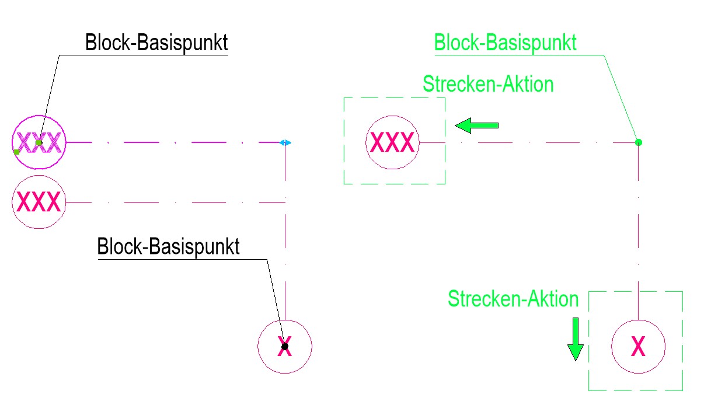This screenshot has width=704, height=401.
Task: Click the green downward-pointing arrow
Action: (x=576, y=339)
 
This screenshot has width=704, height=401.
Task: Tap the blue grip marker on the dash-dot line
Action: (x=285, y=142)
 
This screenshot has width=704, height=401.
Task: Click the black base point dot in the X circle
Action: (x=285, y=346)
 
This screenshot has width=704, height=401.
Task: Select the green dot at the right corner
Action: (x=639, y=142)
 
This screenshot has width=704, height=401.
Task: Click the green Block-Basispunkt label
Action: (x=506, y=43)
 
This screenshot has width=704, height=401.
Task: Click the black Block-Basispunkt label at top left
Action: (x=156, y=44)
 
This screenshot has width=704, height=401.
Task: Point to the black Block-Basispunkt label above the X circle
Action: (x=168, y=246)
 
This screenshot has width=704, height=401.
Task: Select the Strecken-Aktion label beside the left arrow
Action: (x=488, y=84)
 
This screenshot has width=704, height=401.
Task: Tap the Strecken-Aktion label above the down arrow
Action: (x=513, y=299)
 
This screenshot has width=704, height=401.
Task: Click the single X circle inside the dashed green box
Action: (x=639, y=347)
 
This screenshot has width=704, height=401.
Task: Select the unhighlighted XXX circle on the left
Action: (x=39, y=202)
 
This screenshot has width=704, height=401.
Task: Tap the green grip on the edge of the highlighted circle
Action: (x=16, y=152)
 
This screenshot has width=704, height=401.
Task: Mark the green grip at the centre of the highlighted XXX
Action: (x=39, y=142)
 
